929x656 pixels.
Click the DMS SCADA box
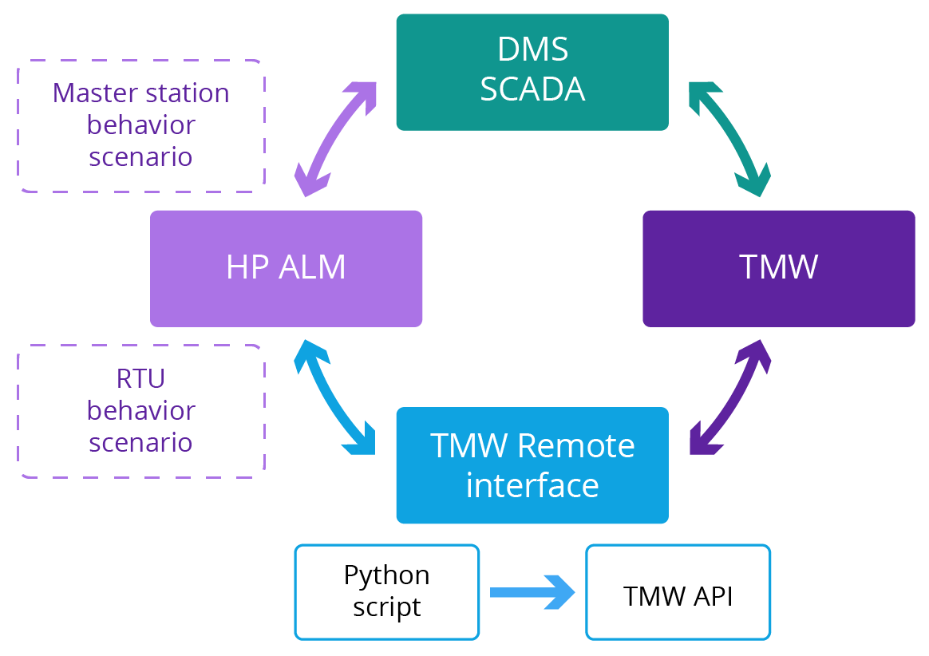(532, 72)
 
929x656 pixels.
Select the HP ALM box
(286, 268)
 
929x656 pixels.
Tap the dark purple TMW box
(778, 268)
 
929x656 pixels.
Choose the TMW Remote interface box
(532, 465)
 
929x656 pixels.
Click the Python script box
(386, 591)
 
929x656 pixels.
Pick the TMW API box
(678, 591)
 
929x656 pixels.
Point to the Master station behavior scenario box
(140, 125)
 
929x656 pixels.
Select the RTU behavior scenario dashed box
(140, 411)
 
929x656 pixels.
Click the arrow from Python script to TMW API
(532, 592)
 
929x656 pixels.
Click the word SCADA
(532, 89)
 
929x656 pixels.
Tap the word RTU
(140, 379)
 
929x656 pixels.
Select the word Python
(386, 575)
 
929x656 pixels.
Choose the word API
(712, 596)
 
